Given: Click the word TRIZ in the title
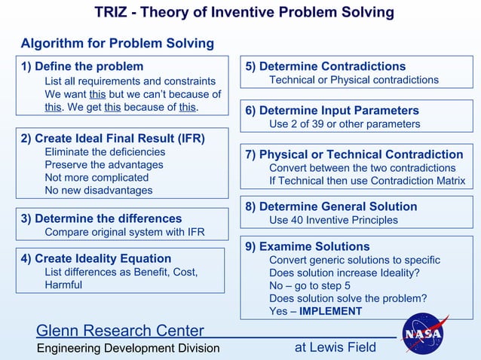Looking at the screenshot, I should tap(112, 12).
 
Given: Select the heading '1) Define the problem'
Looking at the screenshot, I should tap(82, 66).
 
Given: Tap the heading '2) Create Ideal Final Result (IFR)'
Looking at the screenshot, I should tap(113, 138).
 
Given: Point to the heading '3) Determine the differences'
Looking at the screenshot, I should tap(102, 218).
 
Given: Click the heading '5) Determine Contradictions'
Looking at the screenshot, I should tap(326, 66).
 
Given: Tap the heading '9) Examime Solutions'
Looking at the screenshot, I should tap(308, 246).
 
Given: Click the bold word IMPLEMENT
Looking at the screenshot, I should tap(330, 311).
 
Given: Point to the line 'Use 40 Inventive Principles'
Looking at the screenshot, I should tap(333, 220).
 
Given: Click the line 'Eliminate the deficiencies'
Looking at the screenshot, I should tap(105, 151).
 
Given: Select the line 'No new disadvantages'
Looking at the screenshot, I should tap(98, 190).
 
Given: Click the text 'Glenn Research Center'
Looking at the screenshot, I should tap(120, 331).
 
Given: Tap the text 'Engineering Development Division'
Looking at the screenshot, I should tap(128, 348).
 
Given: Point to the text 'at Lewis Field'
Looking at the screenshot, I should tap(335, 347).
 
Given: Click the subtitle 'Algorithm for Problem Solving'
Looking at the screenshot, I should tap(117, 43).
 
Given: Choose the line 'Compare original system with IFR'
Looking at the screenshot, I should tap(124, 232).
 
